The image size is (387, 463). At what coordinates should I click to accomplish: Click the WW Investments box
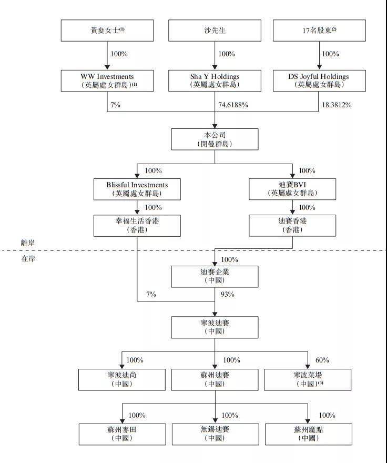click(107, 80)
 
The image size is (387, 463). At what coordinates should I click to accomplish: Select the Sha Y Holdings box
click(215, 80)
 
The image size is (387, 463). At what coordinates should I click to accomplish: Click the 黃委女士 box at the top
click(107, 31)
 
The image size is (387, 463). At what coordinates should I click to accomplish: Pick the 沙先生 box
click(215, 31)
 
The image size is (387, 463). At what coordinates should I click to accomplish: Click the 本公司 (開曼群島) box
click(215, 139)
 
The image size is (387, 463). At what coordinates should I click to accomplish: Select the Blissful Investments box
click(137, 189)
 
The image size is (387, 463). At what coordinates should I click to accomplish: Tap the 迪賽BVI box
click(293, 189)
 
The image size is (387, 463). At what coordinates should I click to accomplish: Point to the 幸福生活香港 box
click(137, 225)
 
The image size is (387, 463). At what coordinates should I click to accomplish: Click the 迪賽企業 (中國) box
click(215, 276)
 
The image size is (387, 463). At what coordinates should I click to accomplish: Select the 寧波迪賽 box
click(215, 327)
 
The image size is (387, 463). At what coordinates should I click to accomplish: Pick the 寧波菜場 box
click(308, 379)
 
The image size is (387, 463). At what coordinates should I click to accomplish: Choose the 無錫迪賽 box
click(215, 433)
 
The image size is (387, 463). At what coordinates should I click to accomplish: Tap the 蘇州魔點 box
click(308, 433)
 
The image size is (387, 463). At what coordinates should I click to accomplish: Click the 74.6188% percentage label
click(233, 105)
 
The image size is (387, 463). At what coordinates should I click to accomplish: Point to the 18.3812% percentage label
click(337, 105)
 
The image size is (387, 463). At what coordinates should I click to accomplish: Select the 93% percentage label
click(227, 294)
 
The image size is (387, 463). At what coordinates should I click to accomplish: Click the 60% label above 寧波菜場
click(322, 360)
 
